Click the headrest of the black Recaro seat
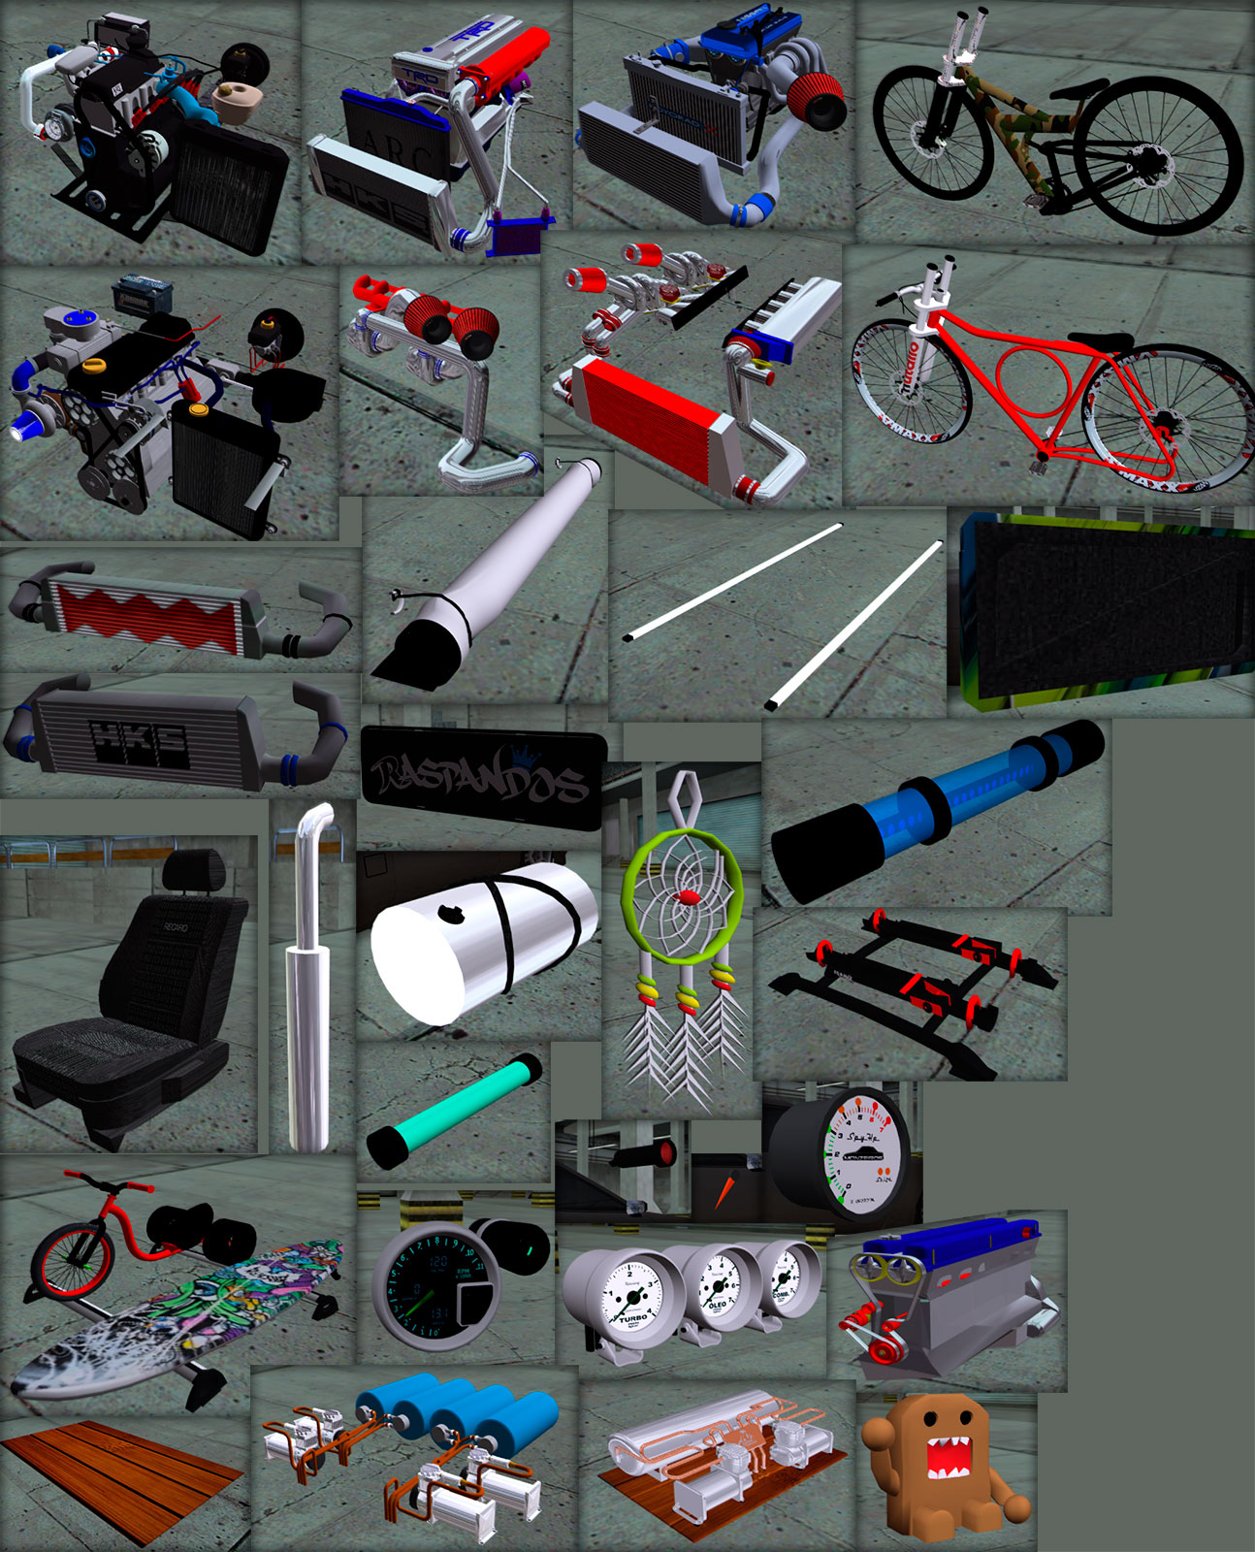194,870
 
